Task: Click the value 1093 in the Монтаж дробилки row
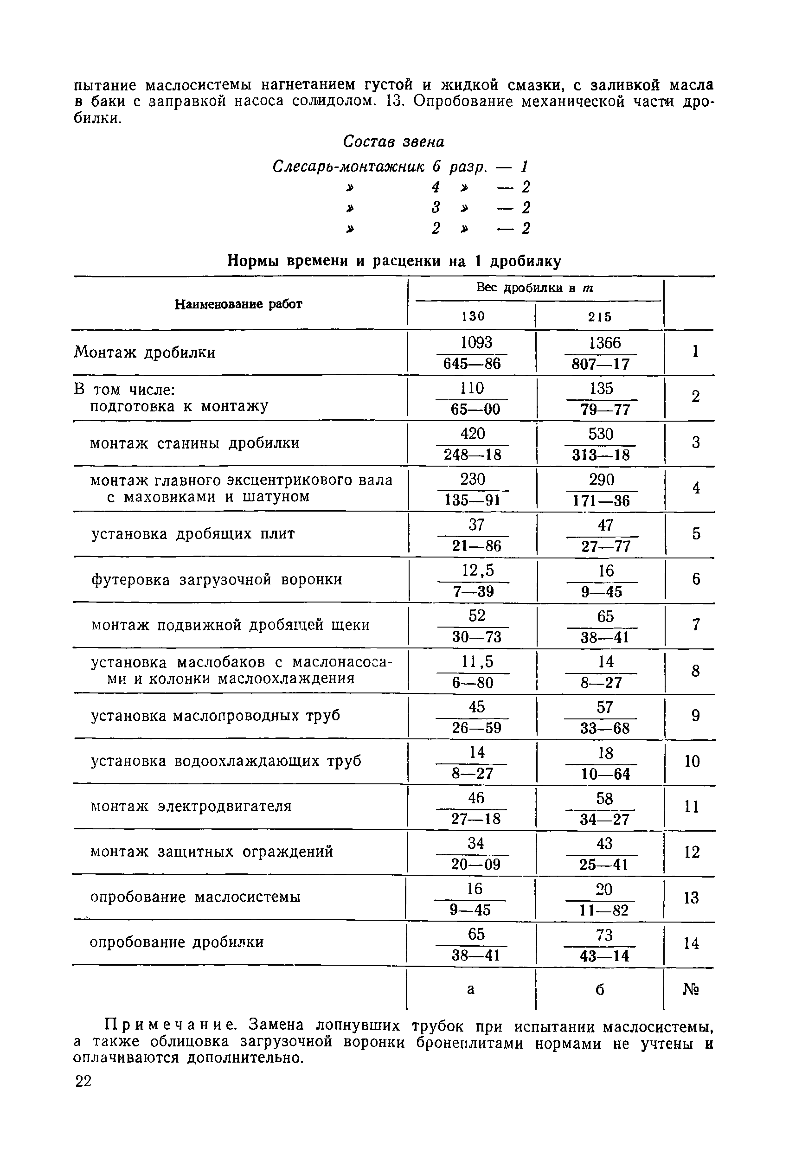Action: [x=476, y=343]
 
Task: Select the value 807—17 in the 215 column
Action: [x=601, y=364]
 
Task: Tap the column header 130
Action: [x=473, y=316]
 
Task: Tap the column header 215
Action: [x=600, y=316]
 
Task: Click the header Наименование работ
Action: [x=238, y=304]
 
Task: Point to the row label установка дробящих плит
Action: [x=192, y=534]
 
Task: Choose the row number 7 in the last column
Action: [x=696, y=625]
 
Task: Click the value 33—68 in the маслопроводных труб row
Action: [x=605, y=728]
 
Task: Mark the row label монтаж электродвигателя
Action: [x=191, y=806]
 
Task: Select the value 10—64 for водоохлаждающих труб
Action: [x=605, y=774]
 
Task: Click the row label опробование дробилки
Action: [x=177, y=942]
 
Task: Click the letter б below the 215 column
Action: [x=600, y=989]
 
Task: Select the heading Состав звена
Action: [x=393, y=142]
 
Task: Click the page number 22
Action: [x=83, y=1082]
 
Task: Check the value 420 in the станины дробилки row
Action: [x=473, y=434]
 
